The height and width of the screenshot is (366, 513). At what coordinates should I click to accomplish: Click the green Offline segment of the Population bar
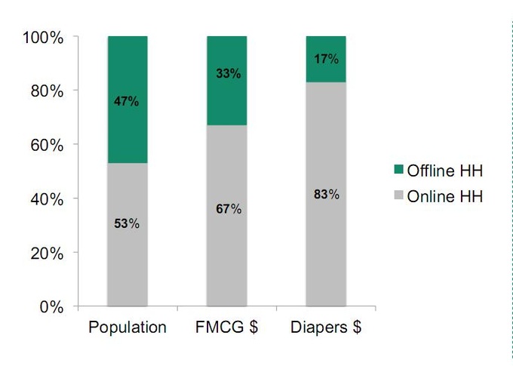127,75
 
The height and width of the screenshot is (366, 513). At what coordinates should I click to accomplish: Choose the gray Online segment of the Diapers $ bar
325,241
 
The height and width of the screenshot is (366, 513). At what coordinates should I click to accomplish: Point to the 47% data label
127,101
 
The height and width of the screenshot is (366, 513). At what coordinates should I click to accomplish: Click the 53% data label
127,223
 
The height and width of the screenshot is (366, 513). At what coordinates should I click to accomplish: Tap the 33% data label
226,74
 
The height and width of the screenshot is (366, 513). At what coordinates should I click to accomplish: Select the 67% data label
226,208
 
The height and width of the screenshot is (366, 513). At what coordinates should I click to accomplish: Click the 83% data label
325,194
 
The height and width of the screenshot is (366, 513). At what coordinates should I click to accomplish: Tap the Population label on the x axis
127,328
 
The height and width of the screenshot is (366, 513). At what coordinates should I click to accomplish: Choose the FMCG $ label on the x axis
226,328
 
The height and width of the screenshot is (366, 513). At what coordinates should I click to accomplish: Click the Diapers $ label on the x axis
325,328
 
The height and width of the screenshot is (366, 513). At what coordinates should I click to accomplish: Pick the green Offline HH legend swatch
401,171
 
